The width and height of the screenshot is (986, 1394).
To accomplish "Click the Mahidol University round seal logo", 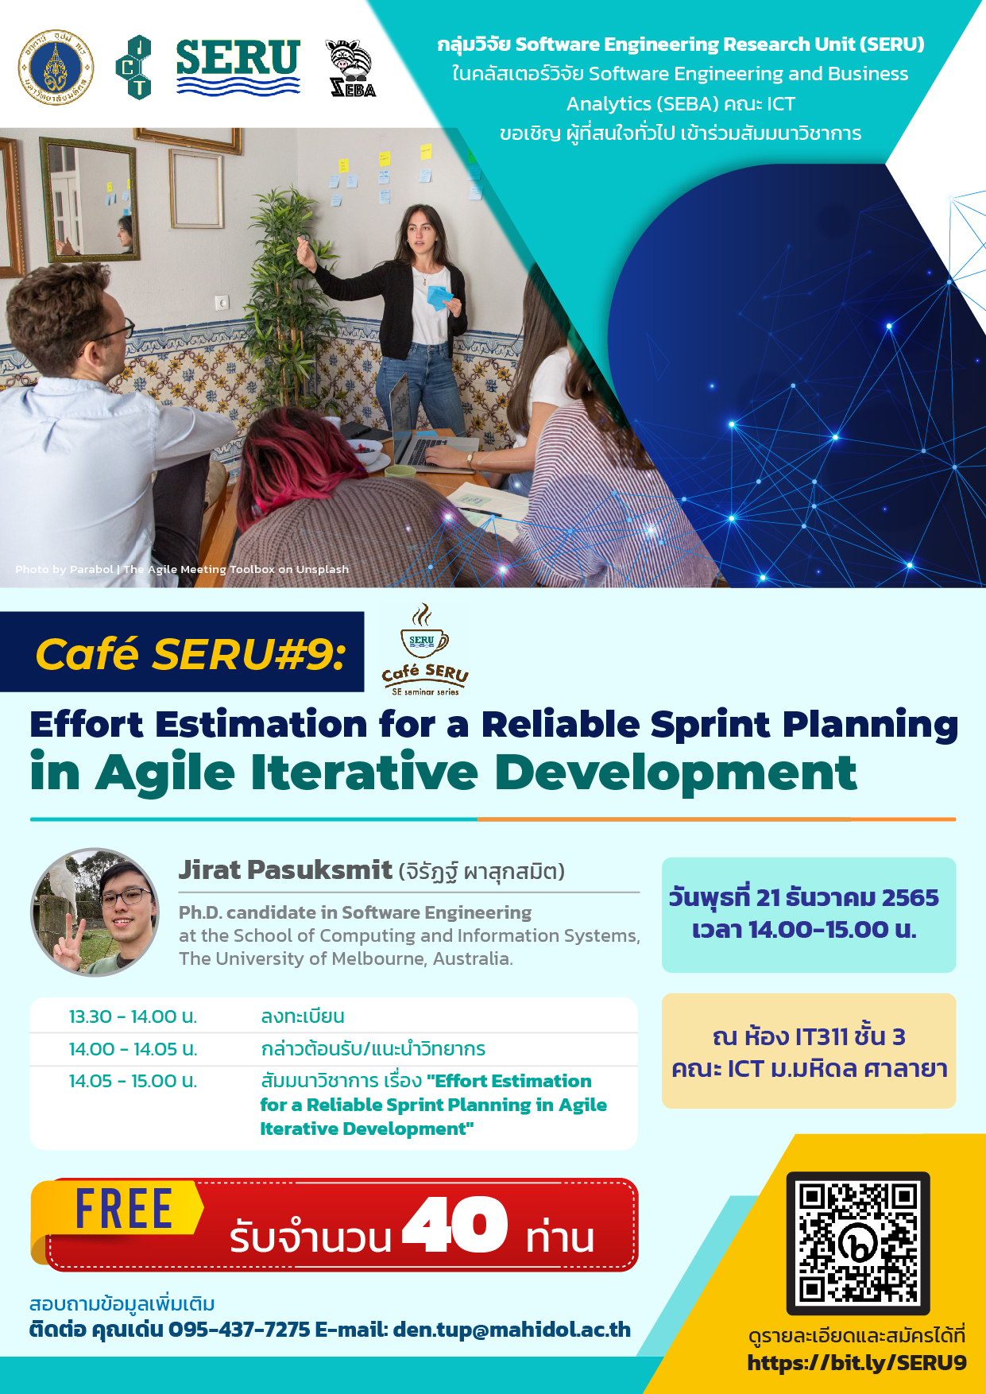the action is coord(56,68).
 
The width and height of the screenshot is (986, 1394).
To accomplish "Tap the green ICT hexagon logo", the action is coord(133,68).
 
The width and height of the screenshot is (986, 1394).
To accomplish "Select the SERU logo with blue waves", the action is coord(238,67).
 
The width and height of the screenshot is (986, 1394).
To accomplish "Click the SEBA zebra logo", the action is coord(351,68).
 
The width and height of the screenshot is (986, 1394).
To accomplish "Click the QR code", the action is coord(858,1243).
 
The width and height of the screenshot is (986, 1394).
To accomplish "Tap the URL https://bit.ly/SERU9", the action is coord(856,1363).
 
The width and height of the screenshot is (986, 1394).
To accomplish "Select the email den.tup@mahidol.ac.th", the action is coord(512,1330).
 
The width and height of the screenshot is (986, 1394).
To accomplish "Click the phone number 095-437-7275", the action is coord(239,1330).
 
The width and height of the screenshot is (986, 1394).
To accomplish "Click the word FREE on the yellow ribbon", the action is coord(124,1209).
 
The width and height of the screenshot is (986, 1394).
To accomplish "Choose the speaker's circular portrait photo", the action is coord(95,912).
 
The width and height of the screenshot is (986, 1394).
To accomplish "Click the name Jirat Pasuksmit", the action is coord(285,869).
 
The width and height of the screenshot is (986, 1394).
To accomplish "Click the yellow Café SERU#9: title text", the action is coord(191,654).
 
